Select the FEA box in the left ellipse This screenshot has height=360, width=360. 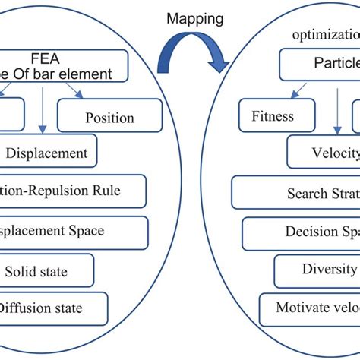pyautogui.click(x=71, y=65)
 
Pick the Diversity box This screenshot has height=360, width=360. pyautogui.click(x=319, y=269)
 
